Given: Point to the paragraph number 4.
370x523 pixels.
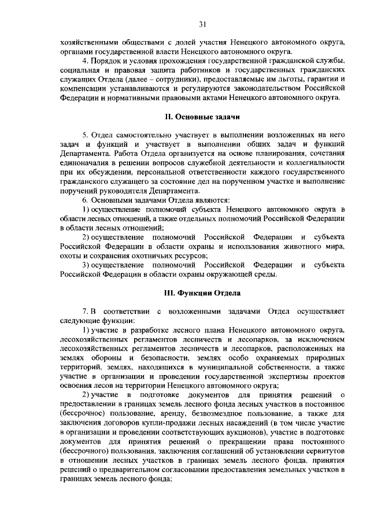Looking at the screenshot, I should click(x=85, y=61).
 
